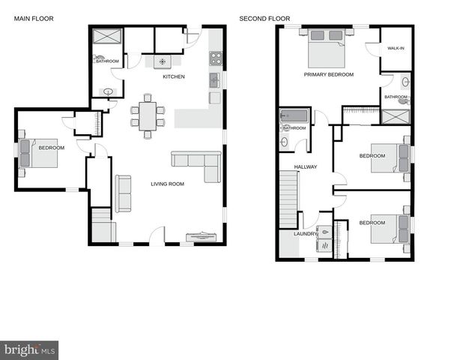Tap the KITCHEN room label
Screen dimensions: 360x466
(x=174, y=77)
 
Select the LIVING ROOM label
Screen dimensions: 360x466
(x=167, y=184)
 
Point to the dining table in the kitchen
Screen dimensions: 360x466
(x=147, y=115)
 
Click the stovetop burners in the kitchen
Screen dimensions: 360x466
(x=215, y=58)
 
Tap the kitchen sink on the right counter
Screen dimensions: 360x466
(x=214, y=79)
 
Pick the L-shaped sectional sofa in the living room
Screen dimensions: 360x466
(x=197, y=163)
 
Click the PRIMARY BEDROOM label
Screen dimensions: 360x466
(x=328, y=75)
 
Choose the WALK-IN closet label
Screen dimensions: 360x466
(x=396, y=49)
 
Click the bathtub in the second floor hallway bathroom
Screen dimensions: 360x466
(x=293, y=115)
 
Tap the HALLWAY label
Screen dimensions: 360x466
(x=305, y=167)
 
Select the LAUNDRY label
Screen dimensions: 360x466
(x=306, y=234)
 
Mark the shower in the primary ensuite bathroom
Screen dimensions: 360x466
(x=396, y=117)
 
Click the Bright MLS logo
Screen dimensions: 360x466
(x=29, y=349)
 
